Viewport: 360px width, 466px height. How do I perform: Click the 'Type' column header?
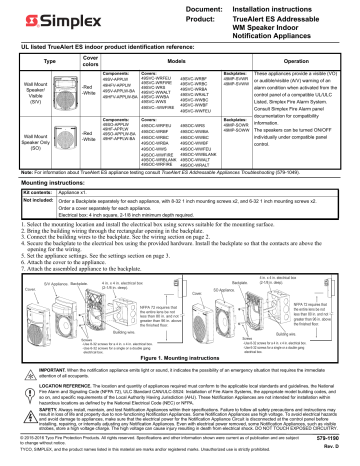tap(31, 61)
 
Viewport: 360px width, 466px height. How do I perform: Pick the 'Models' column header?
tap(179, 61)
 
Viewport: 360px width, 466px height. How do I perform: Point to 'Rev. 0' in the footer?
tap(341, 458)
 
